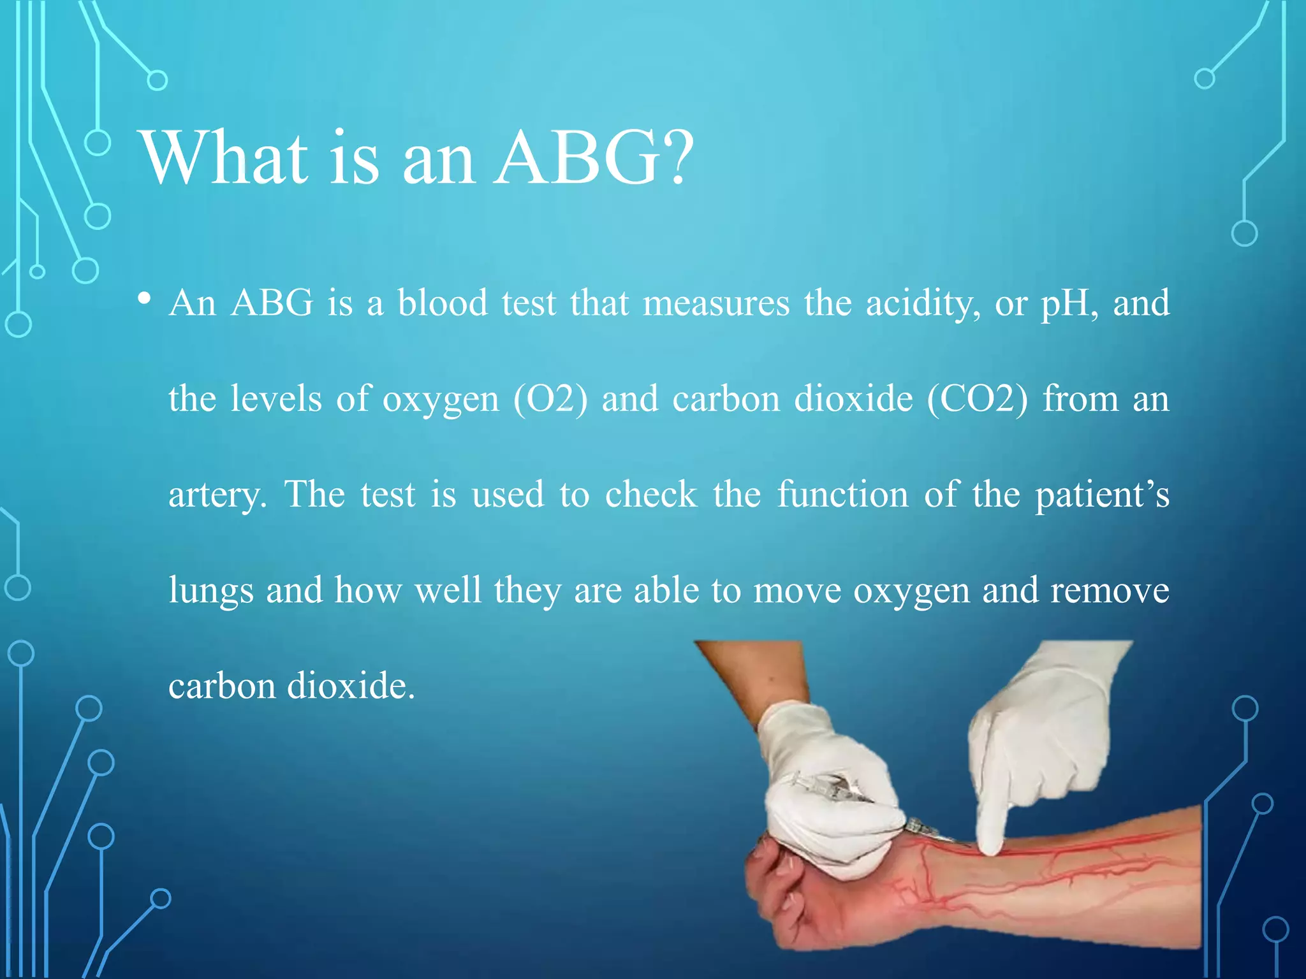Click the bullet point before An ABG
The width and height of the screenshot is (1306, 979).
145,299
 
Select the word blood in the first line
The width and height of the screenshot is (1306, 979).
443,303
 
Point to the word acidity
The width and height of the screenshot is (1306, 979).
923,304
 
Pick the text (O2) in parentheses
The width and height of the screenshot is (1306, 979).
550,400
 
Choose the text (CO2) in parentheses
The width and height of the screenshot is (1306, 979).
977,400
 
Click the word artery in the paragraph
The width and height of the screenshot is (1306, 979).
217,495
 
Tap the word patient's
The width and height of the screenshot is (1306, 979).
1102,495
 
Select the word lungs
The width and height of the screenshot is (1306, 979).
210,591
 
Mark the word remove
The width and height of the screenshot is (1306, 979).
1110,591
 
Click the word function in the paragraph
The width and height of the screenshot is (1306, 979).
842,494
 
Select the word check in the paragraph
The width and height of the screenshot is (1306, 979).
650,494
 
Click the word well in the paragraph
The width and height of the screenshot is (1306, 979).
448,590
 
